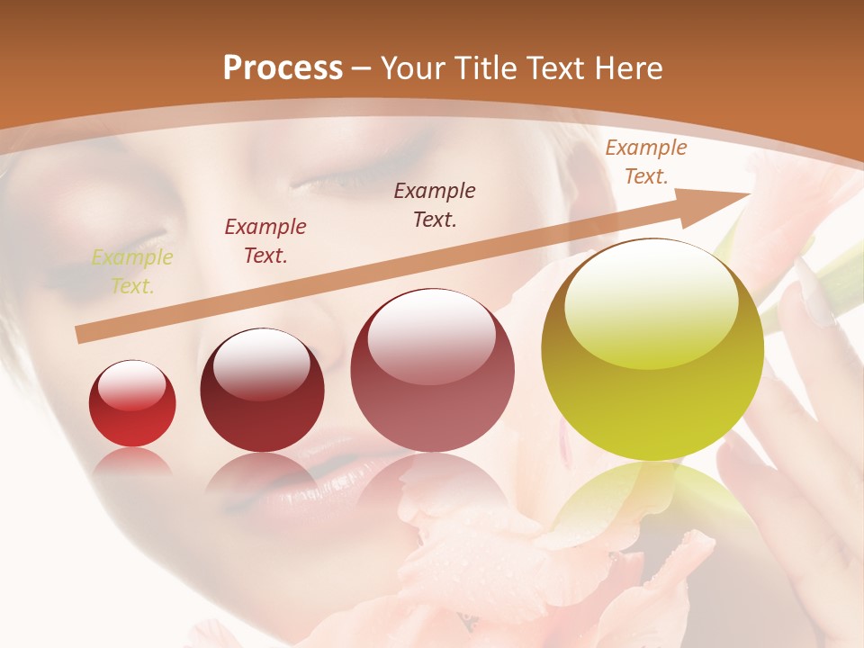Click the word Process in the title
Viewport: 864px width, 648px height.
[x=283, y=68]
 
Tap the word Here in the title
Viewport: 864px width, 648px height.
[x=628, y=68]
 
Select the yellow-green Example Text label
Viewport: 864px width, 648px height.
[x=132, y=272]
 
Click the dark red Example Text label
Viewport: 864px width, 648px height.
[x=265, y=241]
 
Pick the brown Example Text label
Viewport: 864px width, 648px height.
[x=435, y=204]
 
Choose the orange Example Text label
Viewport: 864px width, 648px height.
[x=645, y=162]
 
